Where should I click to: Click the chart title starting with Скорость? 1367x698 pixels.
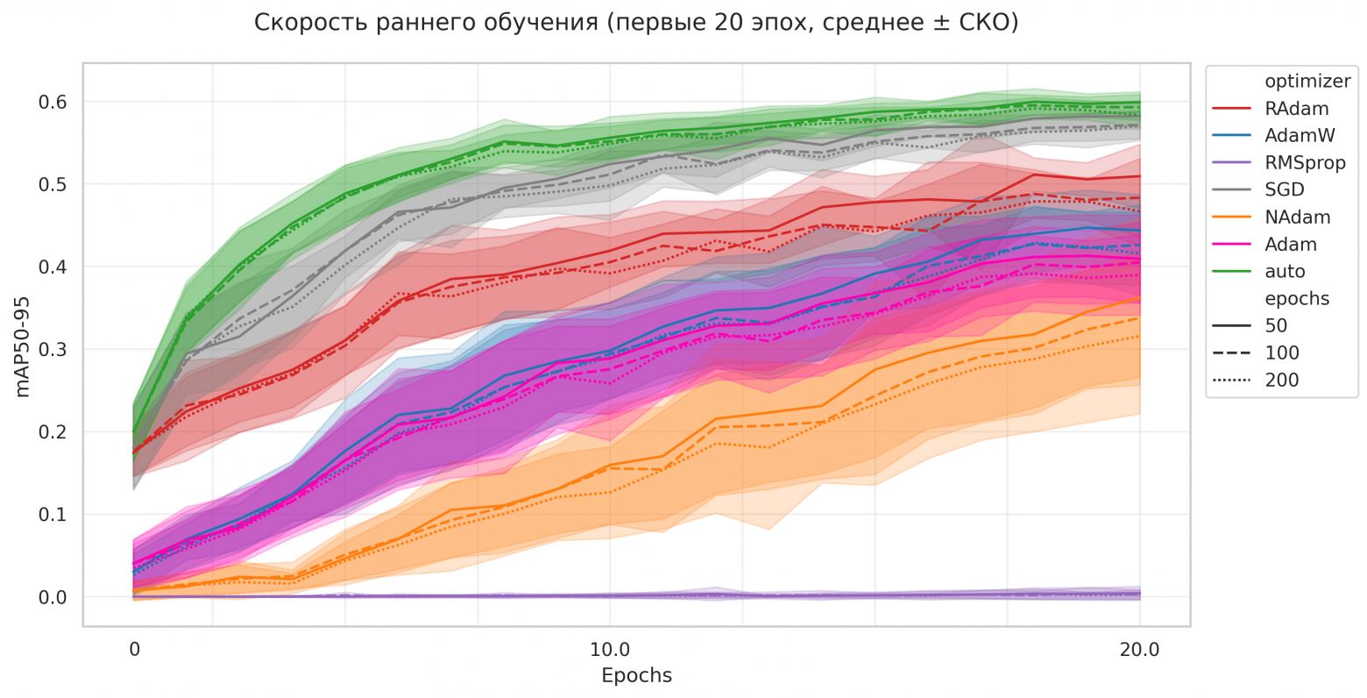[x=636, y=24]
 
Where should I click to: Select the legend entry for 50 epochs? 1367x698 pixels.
[x=1276, y=326]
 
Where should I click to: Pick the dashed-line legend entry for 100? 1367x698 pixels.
[x=1281, y=353]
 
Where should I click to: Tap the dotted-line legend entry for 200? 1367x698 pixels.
[x=1281, y=381]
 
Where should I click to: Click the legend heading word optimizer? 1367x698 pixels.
[x=1307, y=82]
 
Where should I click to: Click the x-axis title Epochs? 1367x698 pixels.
[x=636, y=676]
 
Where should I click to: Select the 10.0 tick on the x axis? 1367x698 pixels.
[x=610, y=651]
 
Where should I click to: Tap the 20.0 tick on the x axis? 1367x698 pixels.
[x=1139, y=651]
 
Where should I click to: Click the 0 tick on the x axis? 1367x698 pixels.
[x=134, y=651]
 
